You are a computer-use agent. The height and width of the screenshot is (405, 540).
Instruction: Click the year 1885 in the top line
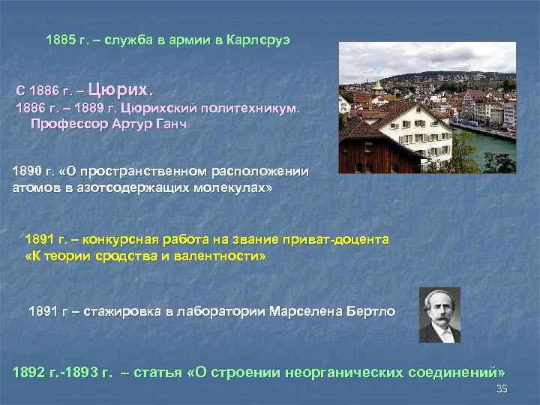pyautogui.click(x=60, y=38)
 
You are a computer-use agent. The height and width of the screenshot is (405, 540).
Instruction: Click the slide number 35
pyautogui.click(x=502, y=388)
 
